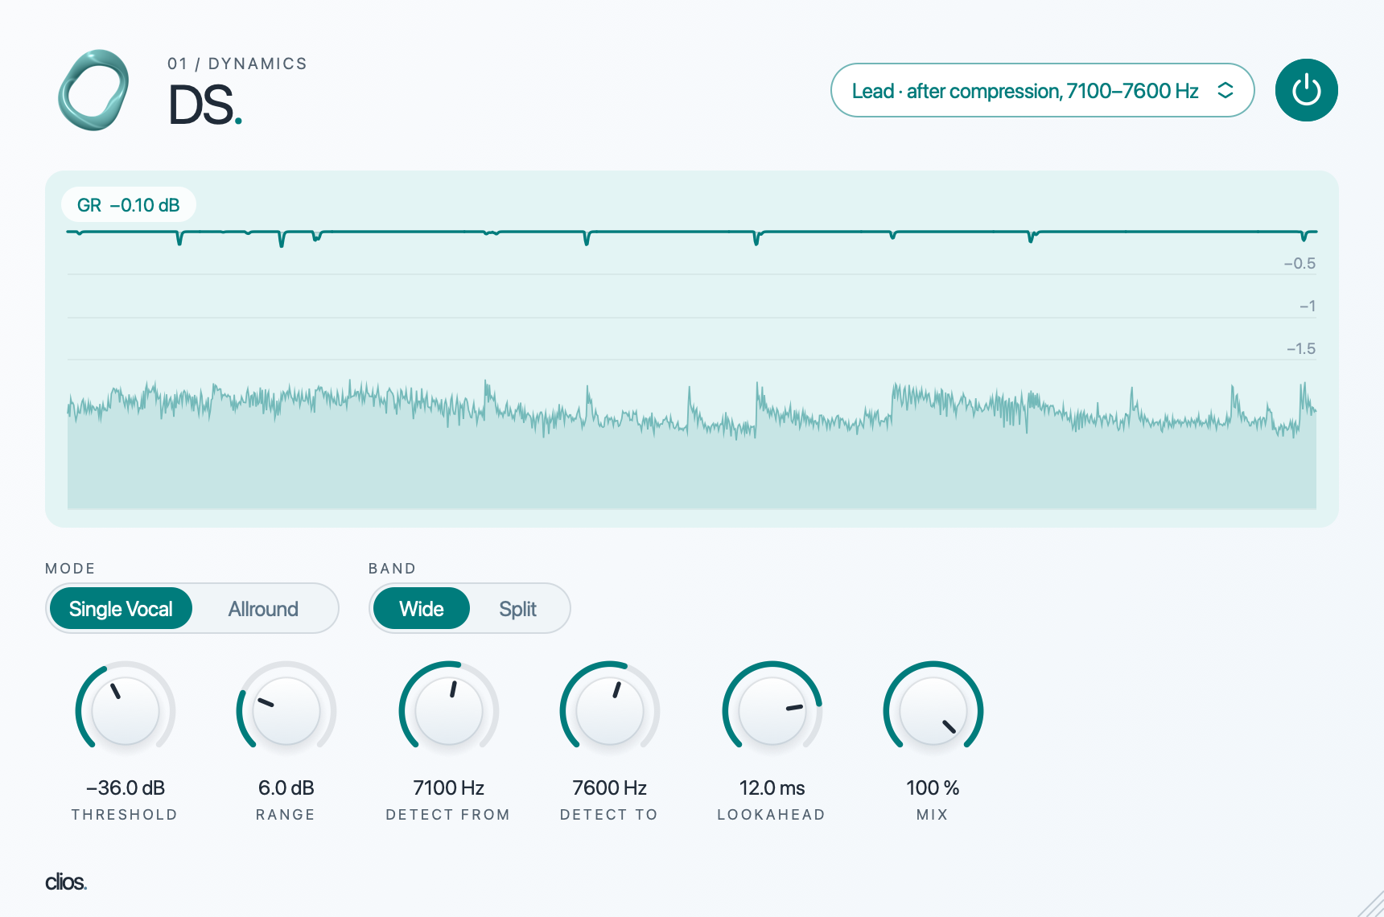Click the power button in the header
(1306, 90)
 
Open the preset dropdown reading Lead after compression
(1042, 90)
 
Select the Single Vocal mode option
(121, 609)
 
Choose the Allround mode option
(263, 609)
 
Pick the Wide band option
(421, 609)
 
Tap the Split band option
(517, 609)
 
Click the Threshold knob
(126, 711)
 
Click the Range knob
(286, 711)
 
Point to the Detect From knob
(449, 711)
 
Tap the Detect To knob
(610, 711)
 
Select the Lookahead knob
(772, 711)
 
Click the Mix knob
(933, 711)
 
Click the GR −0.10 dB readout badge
(129, 205)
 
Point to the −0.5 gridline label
(1300, 263)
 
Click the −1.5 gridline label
(1300, 348)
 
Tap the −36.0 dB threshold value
(126, 787)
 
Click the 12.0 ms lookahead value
(772, 787)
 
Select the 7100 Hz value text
(449, 787)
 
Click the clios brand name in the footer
(66, 882)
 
